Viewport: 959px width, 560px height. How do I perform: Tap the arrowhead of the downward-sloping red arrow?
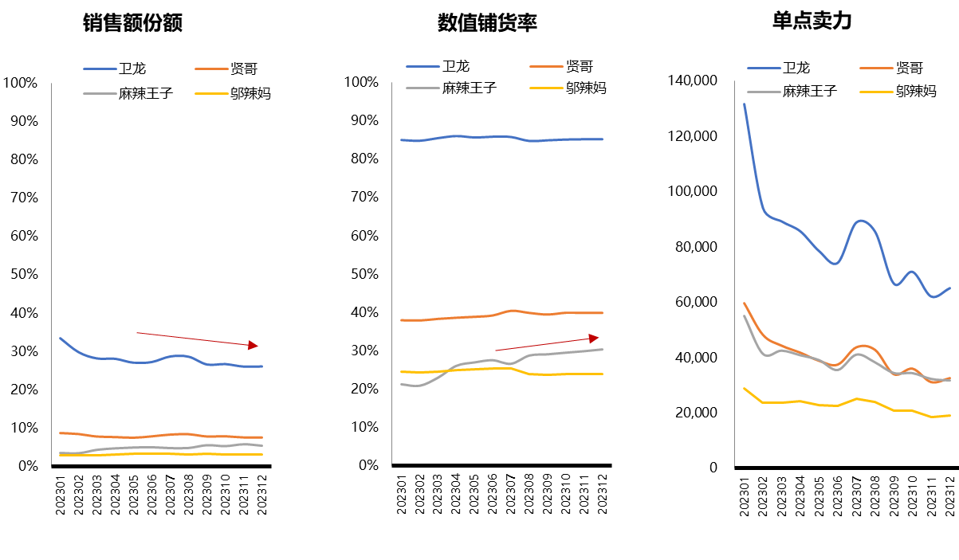click(x=254, y=346)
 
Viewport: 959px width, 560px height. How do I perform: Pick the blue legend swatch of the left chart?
click(x=100, y=69)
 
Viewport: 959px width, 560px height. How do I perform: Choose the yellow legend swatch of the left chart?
click(x=211, y=94)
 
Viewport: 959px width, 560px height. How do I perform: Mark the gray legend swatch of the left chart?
click(x=100, y=94)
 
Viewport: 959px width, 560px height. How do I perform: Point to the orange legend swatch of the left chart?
click(x=211, y=69)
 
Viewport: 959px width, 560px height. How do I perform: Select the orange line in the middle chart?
click(x=478, y=317)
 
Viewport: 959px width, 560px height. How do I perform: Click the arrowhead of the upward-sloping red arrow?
click(x=594, y=339)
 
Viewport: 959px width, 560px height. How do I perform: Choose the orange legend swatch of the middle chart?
click(x=546, y=66)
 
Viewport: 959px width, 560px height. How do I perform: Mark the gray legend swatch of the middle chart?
click(x=423, y=88)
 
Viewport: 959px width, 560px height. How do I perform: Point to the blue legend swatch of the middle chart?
click(x=423, y=66)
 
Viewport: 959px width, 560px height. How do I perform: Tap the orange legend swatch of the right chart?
click(x=876, y=68)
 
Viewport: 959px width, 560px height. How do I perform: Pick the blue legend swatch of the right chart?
click(x=764, y=68)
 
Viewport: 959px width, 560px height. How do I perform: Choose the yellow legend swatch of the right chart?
click(x=876, y=92)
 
